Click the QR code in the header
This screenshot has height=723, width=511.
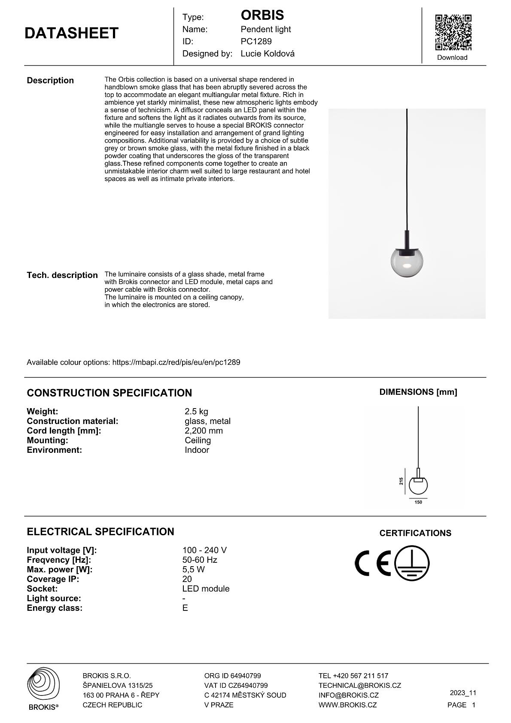pos(453,32)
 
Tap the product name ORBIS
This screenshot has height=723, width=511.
pos(262,15)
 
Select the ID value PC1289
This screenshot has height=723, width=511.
pos(256,42)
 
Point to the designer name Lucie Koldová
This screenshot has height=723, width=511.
pos(268,54)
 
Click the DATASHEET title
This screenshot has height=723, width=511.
pos(71,33)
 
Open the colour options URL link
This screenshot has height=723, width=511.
pos(176,362)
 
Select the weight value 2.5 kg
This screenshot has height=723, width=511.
pos(196,412)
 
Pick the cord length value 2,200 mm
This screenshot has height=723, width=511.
pos(204,431)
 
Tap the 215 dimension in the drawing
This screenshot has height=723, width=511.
pos(401,481)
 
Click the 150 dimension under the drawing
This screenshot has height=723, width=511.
pos(418,502)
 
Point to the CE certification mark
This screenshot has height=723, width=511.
pos(373,563)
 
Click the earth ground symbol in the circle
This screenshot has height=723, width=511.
pos(412,563)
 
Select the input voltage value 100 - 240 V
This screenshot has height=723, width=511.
pos(204,550)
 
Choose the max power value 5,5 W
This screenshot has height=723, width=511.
pos(193,570)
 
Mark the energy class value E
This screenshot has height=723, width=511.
pos(185,608)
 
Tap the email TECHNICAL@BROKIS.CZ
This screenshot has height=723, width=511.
pos(359,686)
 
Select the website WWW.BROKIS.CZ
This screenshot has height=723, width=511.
pos(347,705)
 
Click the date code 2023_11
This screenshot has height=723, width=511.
pos(463,693)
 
